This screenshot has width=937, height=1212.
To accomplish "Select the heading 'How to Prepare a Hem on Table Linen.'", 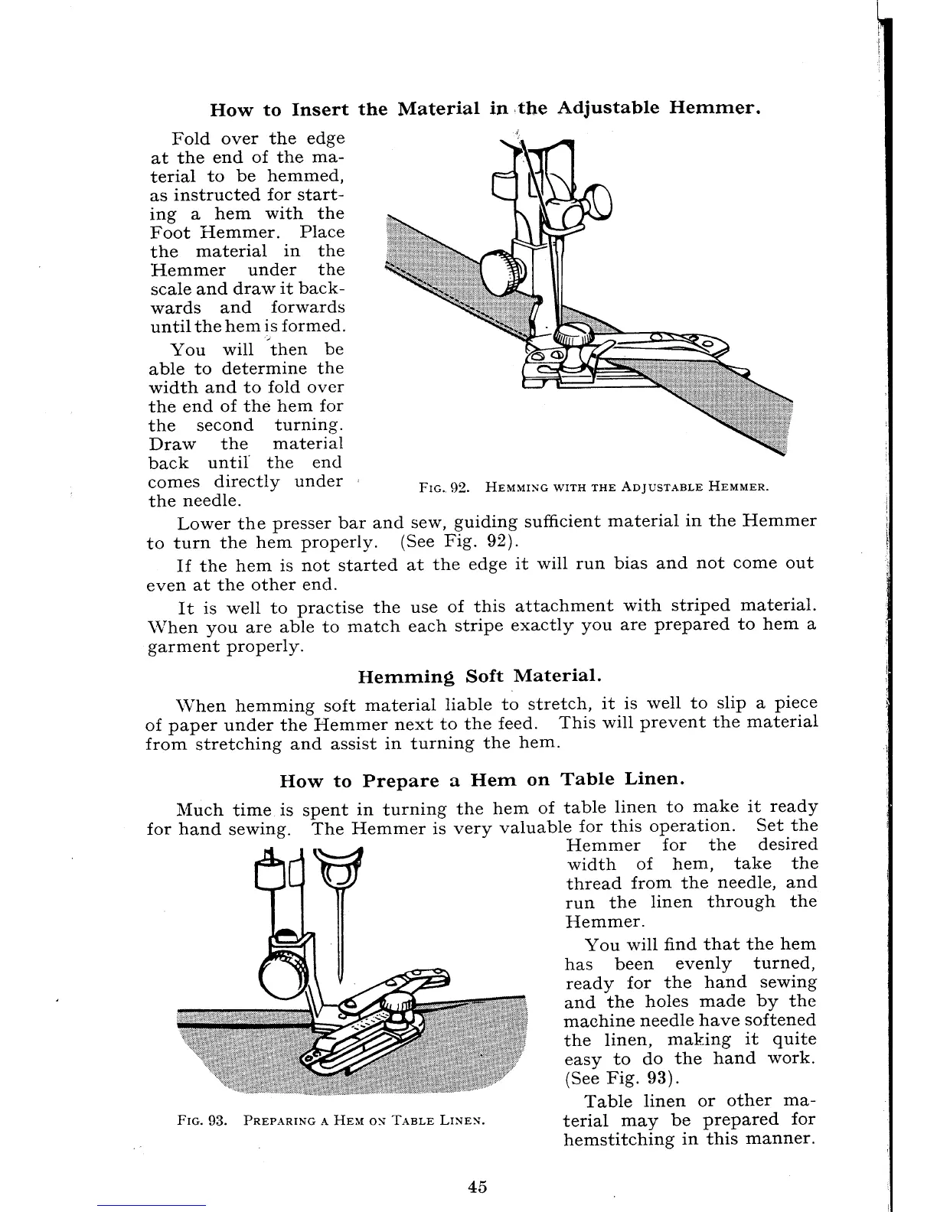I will click(x=482, y=780).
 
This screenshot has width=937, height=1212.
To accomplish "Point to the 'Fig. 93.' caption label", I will click(x=200, y=1121).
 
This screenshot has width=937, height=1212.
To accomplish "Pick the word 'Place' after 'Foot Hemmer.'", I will click(x=323, y=233).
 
